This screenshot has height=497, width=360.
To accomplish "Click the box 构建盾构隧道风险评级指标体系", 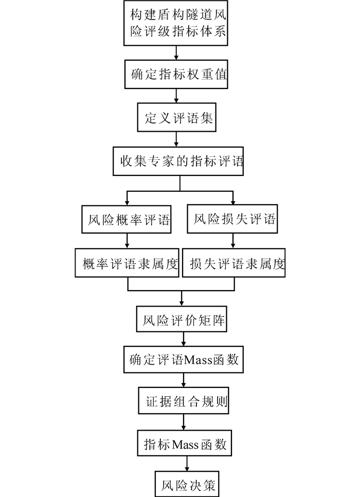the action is [x=175, y=23].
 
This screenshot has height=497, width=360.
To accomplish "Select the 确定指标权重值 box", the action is [x=176, y=74].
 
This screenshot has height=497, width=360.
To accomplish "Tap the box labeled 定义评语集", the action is [x=176, y=117].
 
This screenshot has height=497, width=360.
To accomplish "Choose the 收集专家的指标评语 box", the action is [x=178, y=161].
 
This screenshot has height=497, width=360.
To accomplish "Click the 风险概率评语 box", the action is [x=127, y=219].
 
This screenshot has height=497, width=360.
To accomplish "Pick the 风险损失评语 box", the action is [x=232, y=219].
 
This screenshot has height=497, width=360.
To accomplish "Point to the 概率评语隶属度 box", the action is [x=127, y=263].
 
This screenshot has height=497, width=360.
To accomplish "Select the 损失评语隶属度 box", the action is [x=234, y=263].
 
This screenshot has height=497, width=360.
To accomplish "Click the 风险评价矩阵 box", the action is [x=182, y=319].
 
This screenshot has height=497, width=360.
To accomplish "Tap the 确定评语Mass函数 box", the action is [x=184, y=360].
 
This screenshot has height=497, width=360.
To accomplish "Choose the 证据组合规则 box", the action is [x=184, y=400].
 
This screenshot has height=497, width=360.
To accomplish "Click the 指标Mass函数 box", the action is [x=185, y=443].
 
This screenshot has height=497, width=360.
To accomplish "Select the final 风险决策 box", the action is [x=187, y=484].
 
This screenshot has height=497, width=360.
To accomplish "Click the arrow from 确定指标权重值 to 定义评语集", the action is [x=176, y=96].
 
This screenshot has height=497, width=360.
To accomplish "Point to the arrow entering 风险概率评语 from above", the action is [x=127, y=198].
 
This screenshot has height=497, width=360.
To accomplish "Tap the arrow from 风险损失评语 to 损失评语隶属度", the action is [x=233, y=241].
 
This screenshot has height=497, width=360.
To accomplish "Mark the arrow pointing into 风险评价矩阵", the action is [x=182, y=298].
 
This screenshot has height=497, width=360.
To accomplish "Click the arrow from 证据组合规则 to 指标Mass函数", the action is [x=184, y=422].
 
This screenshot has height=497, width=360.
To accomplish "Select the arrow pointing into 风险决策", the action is [x=187, y=464].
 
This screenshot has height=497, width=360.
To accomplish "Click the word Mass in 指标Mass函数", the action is [x=185, y=445].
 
